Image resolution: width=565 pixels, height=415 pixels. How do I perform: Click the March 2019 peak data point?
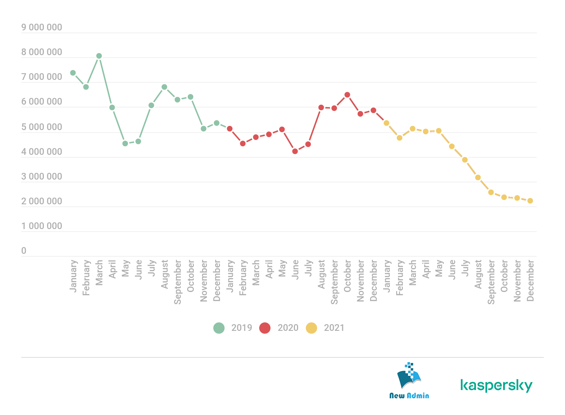pyautogui.click(x=99, y=56)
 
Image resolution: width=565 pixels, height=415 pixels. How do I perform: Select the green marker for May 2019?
pyautogui.click(x=125, y=144)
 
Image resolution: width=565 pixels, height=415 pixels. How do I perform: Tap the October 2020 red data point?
pyautogui.click(x=347, y=95)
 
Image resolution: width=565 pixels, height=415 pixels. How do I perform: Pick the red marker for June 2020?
pyautogui.click(x=295, y=151)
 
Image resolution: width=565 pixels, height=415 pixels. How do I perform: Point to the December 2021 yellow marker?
pyautogui.click(x=530, y=201)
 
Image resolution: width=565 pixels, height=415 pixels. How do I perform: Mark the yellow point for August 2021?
pyautogui.click(x=478, y=177)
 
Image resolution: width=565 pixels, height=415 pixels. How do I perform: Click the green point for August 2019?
pyautogui.click(x=164, y=87)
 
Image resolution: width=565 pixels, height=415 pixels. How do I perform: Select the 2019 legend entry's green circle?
pyautogui.click(x=219, y=328)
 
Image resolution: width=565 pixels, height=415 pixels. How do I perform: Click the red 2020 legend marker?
pyautogui.click(x=265, y=328)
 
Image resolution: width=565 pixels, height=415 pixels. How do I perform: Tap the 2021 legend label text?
pyautogui.click(x=334, y=328)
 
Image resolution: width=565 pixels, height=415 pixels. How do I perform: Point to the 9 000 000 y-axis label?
pyautogui.click(x=42, y=28)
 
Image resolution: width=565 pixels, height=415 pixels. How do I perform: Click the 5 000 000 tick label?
pyautogui.click(x=42, y=127)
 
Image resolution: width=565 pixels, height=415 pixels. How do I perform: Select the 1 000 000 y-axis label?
pyautogui.click(x=42, y=226)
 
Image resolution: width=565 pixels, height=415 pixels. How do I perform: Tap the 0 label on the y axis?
pyautogui.click(x=24, y=251)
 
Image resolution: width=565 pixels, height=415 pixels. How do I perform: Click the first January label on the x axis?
pyautogui.click(x=73, y=276)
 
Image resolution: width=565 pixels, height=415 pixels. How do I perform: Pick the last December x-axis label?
pyautogui.click(x=530, y=281)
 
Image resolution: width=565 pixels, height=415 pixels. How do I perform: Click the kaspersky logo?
pyautogui.click(x=496, y=385)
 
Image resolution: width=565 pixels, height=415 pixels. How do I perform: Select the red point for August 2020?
pyautogui.click(x=321, y=107)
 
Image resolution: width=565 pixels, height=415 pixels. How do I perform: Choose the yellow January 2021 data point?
pyautogui.click(x=386, y=123)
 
